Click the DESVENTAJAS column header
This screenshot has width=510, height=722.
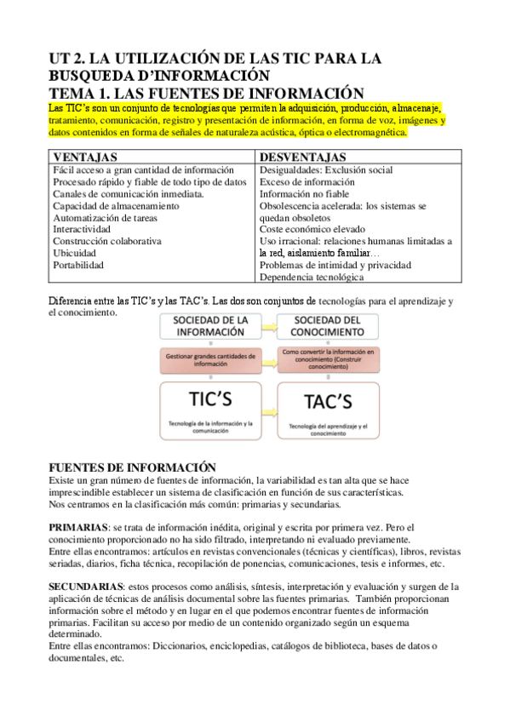pyautogui.click(x=302, y=158)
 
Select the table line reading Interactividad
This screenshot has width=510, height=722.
pyautogui.click(x=81, y=229)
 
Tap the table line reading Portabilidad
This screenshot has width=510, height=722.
pyautogui.click(x=78, y=265)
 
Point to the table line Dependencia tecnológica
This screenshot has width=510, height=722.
pyautogui.click(x=311, y=277)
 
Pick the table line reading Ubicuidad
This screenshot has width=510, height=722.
pyautogui.click(x=74, y=253)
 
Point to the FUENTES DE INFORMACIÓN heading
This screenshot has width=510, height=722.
pyautogui.click(x=132, y=467)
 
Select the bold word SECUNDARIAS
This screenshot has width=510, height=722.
pyautogui.click(x=86, y=587)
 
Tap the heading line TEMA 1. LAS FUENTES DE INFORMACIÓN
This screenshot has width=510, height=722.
pyautogui.click(x=207, y=93)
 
